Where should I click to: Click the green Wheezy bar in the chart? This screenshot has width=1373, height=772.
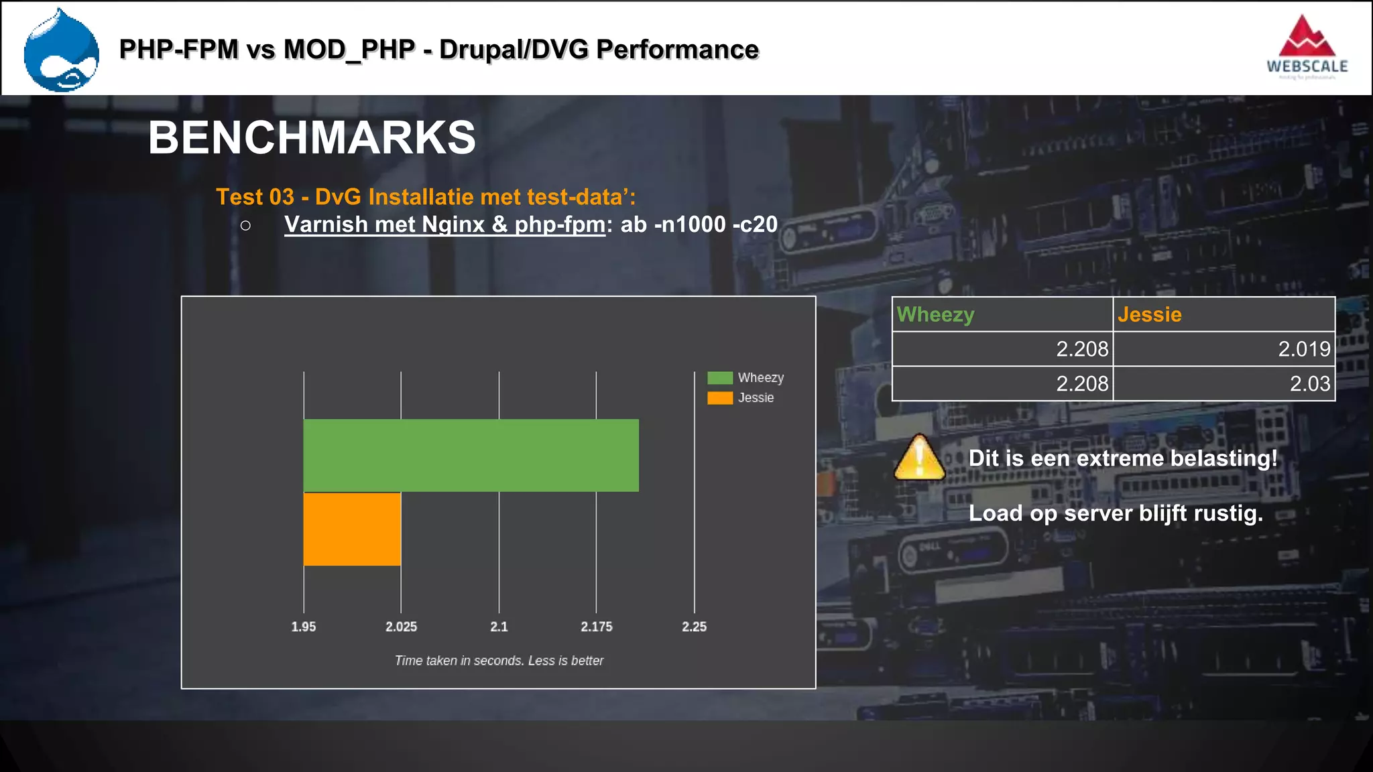[471, 455]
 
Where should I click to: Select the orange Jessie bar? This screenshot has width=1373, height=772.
[352, 529]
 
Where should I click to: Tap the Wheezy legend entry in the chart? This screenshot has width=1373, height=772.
[745, 378]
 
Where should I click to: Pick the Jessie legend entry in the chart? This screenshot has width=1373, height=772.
[741, 398]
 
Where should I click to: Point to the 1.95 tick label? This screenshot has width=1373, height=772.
[303, 627]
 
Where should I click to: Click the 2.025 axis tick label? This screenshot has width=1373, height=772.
[401, 627]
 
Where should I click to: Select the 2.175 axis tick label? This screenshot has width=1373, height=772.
[596, 627]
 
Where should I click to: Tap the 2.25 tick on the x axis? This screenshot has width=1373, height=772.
[694, 627]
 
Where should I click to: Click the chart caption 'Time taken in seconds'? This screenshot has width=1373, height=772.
[499, 661]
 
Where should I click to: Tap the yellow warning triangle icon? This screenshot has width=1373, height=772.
[919, 458]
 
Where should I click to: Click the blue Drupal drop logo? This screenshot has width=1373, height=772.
[61, 51]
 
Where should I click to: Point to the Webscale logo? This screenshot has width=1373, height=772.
[1307, 48]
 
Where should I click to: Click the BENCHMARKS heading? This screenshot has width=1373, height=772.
[312, 137]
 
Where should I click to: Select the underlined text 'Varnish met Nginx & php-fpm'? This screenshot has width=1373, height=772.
[444, 224]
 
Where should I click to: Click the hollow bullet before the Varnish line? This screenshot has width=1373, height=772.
[245, 226]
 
